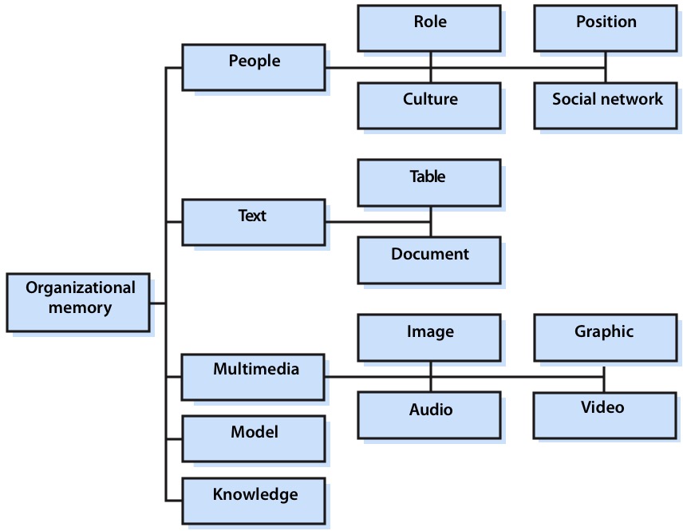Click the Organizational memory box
[78, 302]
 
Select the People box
[254, 67]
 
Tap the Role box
[429, 28]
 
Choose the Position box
[606, 28]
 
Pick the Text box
[254, 222]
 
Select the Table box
[429, 183]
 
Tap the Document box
[429, 260]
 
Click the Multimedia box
[254, 376]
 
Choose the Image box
[429, 337]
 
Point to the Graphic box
[604, 337]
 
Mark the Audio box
[429, 414]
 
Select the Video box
[604, 414]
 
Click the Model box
[254, 438]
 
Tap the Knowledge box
[254, 500]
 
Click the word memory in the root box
[80, 307]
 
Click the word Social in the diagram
[574, 99]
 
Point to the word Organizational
[81, 287]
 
